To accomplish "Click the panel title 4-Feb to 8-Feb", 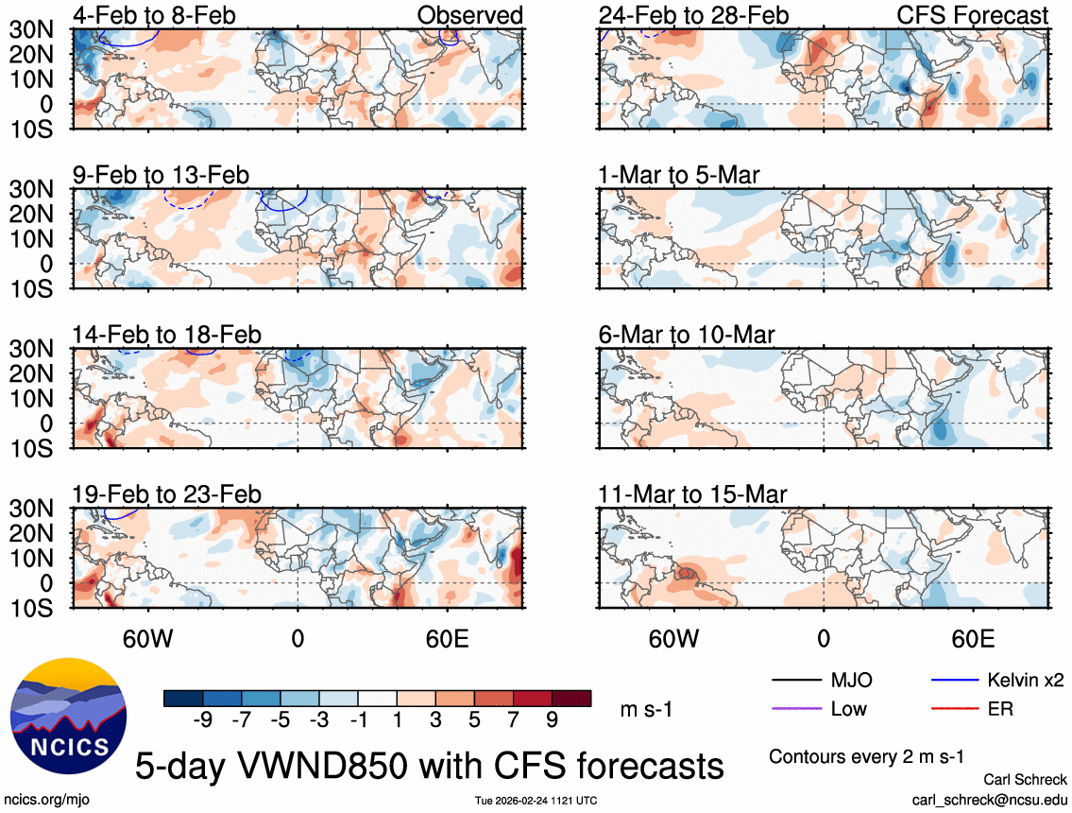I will (154, 15).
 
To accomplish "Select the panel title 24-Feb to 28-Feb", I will (693, 15).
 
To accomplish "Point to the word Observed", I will (469, 15).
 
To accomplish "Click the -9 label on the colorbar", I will (200, 720).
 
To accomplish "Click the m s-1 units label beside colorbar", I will (645, 710).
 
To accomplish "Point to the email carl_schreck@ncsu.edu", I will (989, 799).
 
